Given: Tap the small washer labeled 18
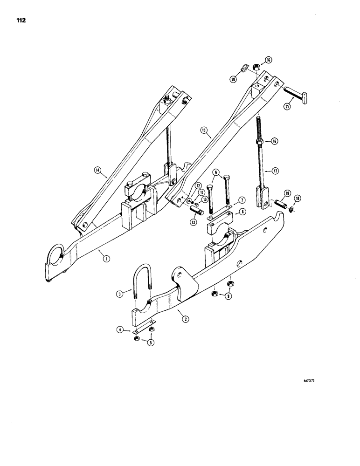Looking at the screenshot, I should [291, 210].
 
